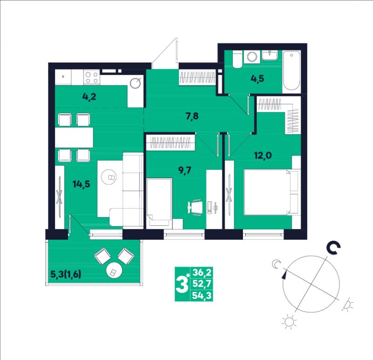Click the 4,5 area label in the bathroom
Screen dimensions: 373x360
[x=257, y=78]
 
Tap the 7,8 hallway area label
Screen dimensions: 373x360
[x=192, y=117]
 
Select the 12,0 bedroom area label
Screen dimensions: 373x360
[x=263, y=155]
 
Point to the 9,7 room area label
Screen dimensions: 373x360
[x=185, y=170]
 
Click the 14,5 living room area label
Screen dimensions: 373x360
[x=81, y=184]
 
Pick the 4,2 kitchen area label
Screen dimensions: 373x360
[x=89, y=97]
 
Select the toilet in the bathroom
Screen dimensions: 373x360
[x=237, y=59]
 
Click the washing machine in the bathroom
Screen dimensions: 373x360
[x=252, y=57]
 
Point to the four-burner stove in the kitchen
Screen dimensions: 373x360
[x=92, y=77]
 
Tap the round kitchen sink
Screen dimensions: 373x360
[x=136, y=83]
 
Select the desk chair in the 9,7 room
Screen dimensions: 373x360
[x=195, y=207]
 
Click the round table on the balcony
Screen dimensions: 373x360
[x=114, y=270]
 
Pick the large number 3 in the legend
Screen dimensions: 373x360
[x=182, y=284]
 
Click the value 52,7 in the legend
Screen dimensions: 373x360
[x=202, y=284]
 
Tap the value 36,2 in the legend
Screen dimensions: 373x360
[x=202, y=272]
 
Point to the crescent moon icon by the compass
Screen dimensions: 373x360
[x=276, y=264]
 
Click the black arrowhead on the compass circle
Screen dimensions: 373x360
[x=284, y=275]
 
